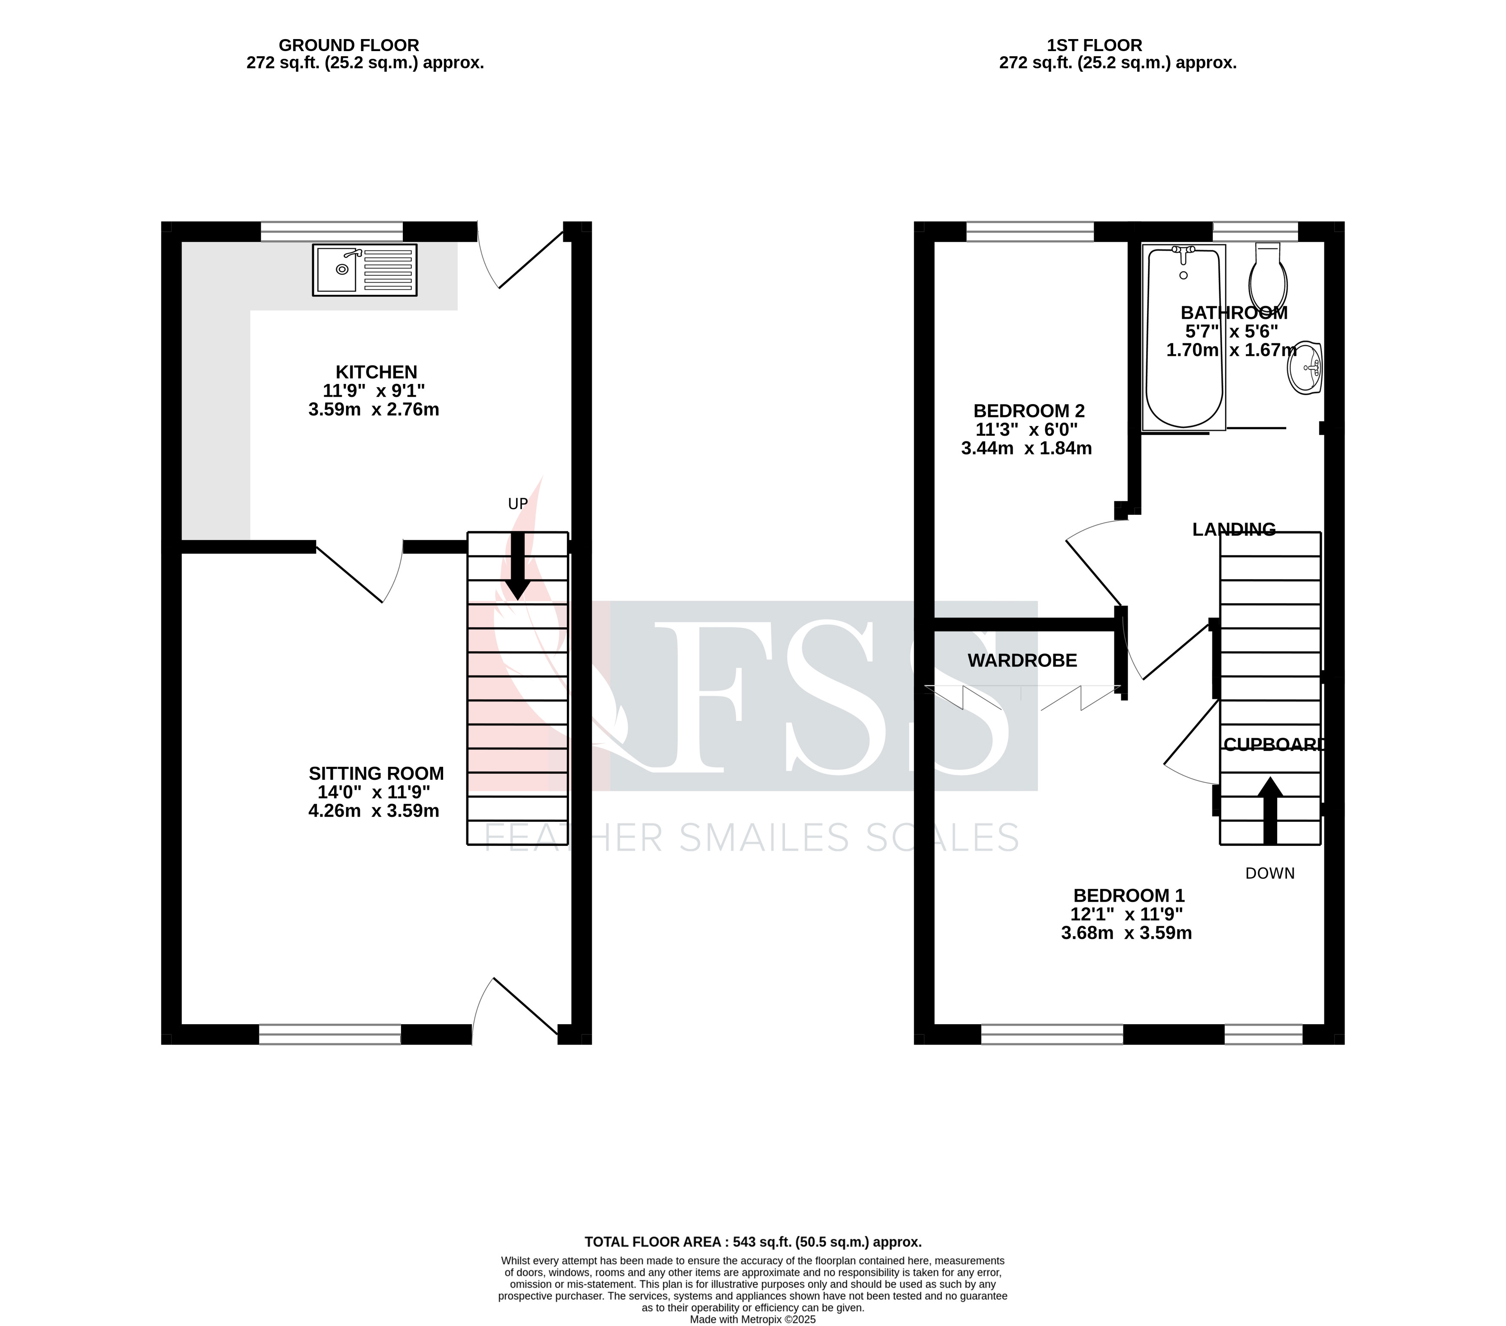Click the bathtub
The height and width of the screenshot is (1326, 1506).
[x=1184, y=339]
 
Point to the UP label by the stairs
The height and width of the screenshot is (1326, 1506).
[x=518, y=504]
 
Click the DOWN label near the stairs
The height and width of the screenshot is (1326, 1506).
[x=1269, y=874]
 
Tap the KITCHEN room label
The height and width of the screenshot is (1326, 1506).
[x=377, y=373]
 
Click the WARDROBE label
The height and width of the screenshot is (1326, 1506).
[x=1022, y=661]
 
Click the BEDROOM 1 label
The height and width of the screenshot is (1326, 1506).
[x=1128, y=896]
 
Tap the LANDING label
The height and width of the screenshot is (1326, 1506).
[x=1233, y=529]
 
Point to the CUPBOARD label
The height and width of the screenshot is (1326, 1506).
[x=1273, y=745]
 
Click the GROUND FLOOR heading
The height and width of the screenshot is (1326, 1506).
[x=349, y=46]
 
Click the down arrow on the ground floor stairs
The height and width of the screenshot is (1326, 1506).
[x=518, y=567]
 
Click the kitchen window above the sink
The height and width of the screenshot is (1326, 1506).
[x=332, y=231]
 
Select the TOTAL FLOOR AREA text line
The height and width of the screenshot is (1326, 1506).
[x=753, y=1242]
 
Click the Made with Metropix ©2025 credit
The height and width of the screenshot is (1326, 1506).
[x=753, y=1320]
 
